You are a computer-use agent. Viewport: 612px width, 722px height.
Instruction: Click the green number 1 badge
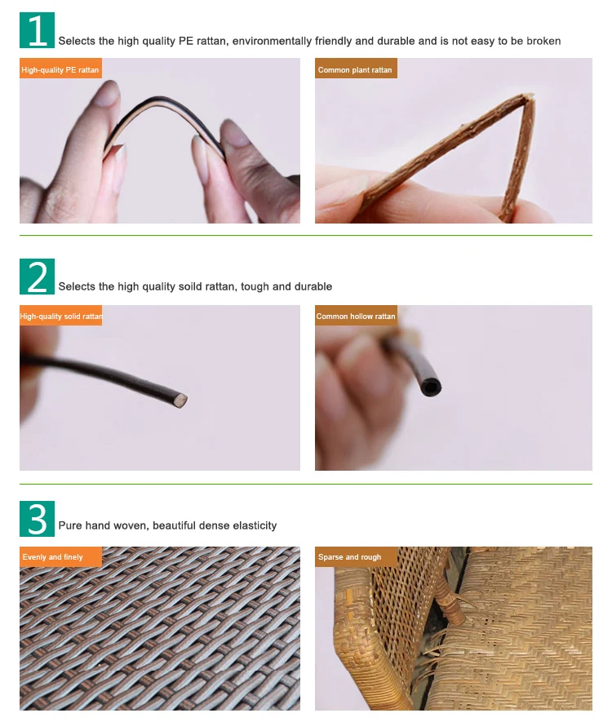[37, 30]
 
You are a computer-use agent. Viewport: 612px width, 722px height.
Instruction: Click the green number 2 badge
[37, 277]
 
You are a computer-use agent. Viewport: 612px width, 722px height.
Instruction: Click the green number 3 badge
[37, 519]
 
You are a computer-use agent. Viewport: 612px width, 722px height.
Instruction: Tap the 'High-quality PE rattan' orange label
[60, 70]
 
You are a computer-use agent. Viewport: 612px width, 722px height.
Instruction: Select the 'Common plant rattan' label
[356, 69]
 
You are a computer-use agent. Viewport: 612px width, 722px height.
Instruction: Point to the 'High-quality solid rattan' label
[60, 316]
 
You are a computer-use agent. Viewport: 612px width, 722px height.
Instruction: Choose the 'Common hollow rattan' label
[356, 316]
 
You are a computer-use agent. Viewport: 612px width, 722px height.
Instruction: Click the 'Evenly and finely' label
[60, 556]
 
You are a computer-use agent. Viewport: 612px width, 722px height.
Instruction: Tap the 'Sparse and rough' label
[356, 556]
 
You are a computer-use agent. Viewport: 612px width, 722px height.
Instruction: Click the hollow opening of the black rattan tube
[431, 387]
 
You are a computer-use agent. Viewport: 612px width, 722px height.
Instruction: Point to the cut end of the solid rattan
[181, 400]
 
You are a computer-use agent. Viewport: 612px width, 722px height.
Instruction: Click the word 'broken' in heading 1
[543, 41]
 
